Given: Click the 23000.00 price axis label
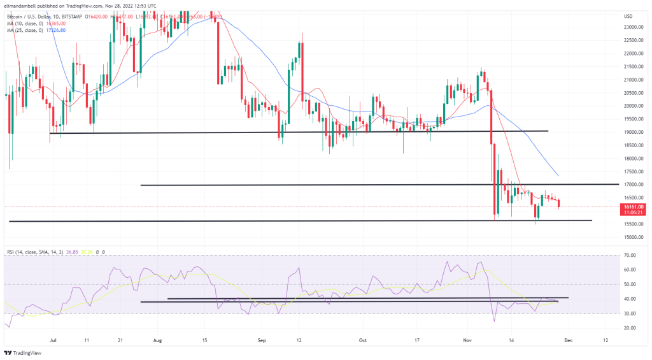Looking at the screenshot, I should click(x=632, y=27).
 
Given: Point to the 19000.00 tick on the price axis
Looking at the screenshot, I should click(x=632, y=132).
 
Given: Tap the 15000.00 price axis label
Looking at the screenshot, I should click(x=632, y=237).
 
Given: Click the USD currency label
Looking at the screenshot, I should click(x=628, y=16).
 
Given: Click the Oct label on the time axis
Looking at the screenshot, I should click(x=364, y=340).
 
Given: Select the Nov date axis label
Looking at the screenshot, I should click(x=466, y=340).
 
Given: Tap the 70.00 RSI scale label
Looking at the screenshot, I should click(x=630, y=255).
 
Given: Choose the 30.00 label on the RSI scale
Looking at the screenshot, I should click(x=630, y=313).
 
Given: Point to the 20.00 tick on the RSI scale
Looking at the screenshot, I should click(x=630, y=328).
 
